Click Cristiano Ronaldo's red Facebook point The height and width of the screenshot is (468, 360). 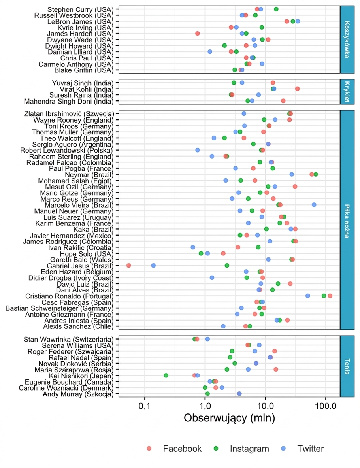click(x=330, y=296)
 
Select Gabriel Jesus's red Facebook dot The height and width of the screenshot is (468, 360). click(x=129, y=265)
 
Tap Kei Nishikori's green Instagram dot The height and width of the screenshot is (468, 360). click(x=166, y=376)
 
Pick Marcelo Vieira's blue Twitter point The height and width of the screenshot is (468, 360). click(x=314, y=205)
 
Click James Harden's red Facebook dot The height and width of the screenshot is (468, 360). click(x=197, y=34)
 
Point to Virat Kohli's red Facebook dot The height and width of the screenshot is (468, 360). click(x=297, y=89)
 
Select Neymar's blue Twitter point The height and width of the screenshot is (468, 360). click(x=292, y=174)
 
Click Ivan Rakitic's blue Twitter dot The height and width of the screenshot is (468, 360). click(x=193, y=247)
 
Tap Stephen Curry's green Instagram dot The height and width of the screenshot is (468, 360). click(x=276, y=9)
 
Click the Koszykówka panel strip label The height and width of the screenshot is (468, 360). click(x=347, y=40)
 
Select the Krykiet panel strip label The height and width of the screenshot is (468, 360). click(x=347, y=92)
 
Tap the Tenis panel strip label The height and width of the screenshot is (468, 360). click(x=347, y=366)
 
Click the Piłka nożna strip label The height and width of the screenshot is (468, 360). click(x=347, y=221)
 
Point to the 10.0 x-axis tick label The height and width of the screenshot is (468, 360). click(x=266, y=406)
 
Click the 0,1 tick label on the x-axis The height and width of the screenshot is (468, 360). click(x=145, y=406)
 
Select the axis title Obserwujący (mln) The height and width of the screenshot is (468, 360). click(x=229, y=418)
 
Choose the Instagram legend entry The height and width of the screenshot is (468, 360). click(x=241, y=449)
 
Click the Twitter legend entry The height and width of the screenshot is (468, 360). click(x=303, y=449)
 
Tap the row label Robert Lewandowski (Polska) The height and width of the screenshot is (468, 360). click(x=67, y=150)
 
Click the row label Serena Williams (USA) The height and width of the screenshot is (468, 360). click(x=78, y=345)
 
